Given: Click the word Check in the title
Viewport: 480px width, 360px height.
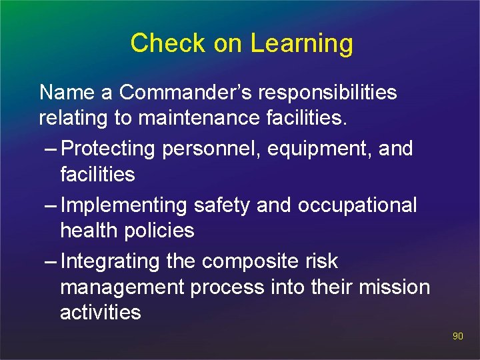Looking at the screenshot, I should click(169, 43).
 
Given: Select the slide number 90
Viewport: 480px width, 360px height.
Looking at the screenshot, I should click(457, 337).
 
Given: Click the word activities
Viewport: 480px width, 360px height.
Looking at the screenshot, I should click(101, 313).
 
